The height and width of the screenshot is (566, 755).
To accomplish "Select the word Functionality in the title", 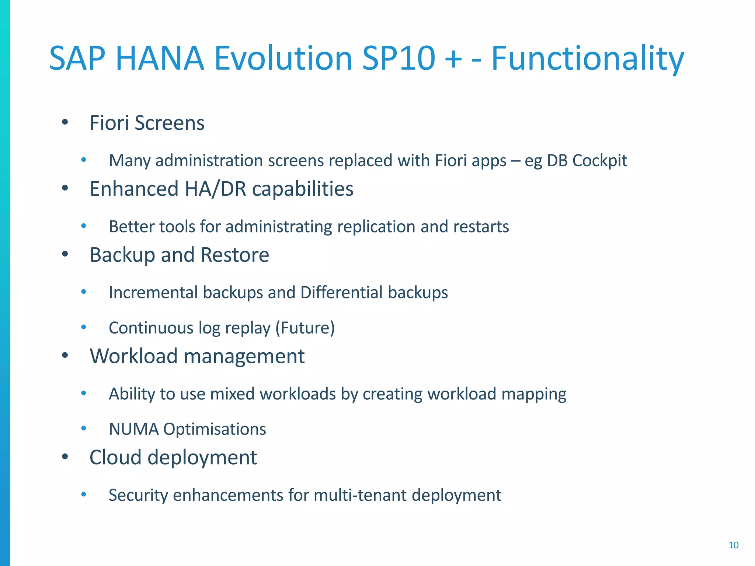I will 588,59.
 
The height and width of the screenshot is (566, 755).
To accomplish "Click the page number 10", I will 733,545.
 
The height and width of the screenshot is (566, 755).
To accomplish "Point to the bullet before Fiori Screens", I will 65,122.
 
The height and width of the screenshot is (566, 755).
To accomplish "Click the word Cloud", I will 115,457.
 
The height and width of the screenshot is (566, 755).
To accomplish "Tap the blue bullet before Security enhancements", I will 84,495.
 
